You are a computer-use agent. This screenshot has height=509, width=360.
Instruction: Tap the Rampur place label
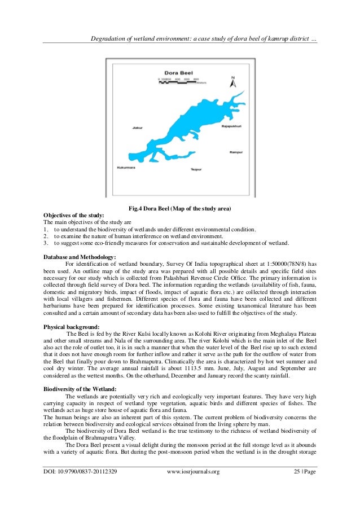235,152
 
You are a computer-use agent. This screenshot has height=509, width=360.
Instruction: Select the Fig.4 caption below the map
179,209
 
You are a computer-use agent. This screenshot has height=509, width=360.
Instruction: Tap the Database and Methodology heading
80,257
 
